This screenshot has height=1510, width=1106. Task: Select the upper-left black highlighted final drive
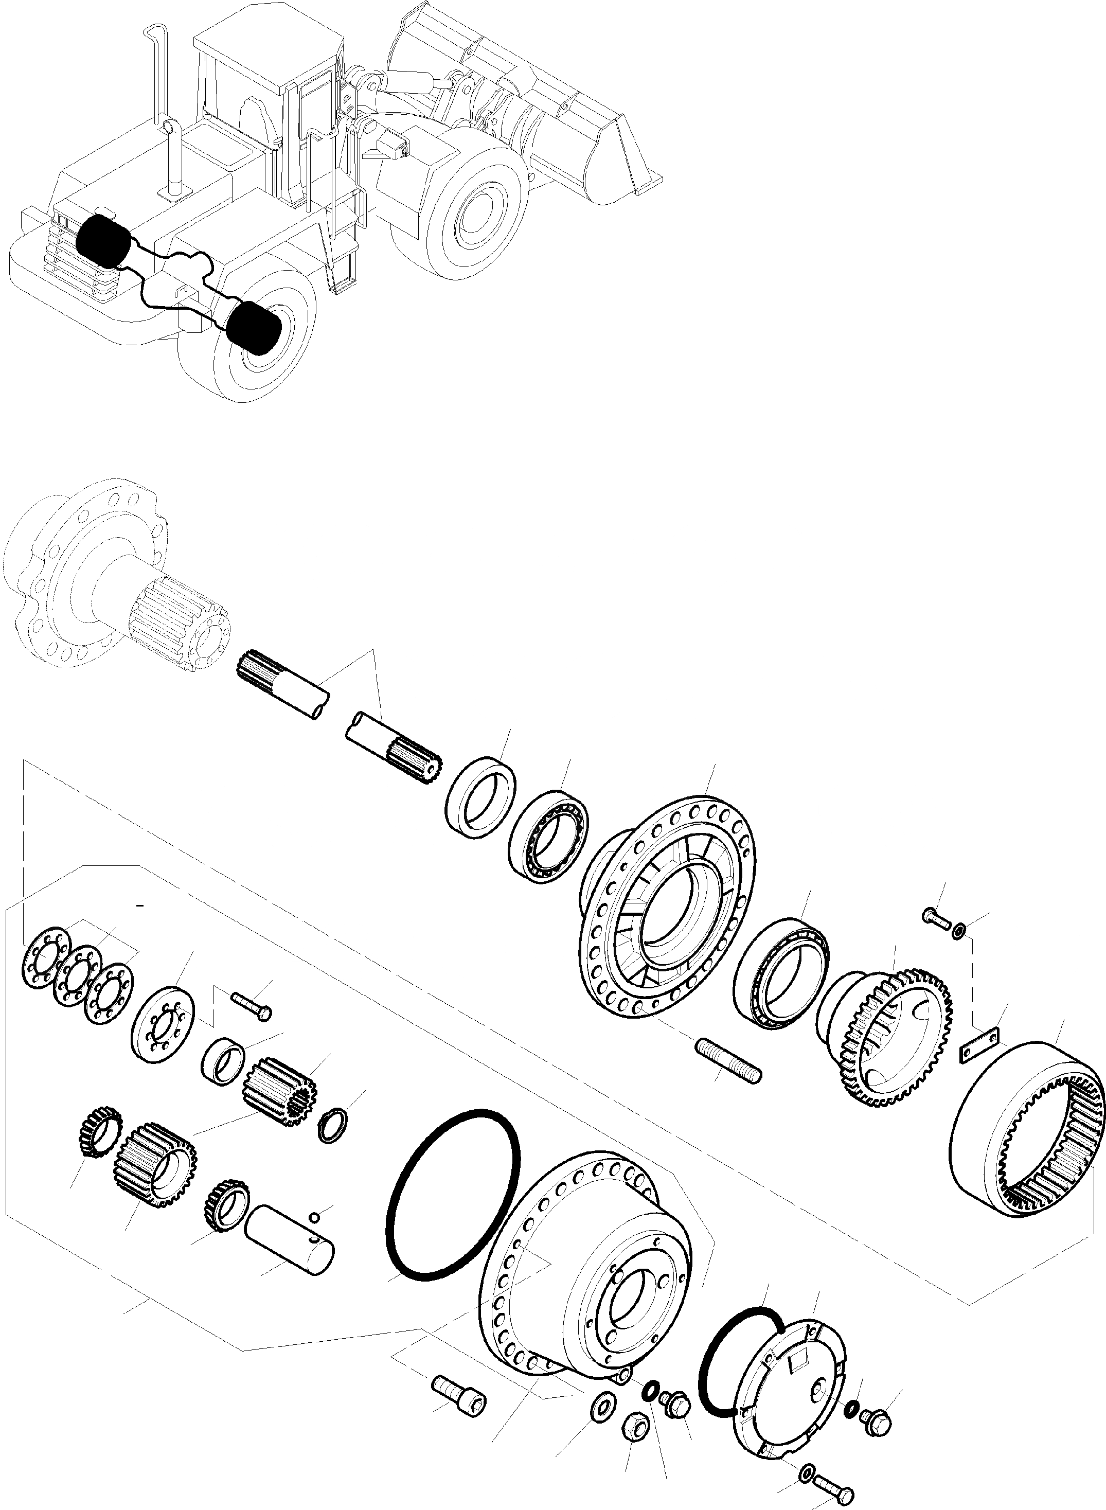click(x=104, y=242)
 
